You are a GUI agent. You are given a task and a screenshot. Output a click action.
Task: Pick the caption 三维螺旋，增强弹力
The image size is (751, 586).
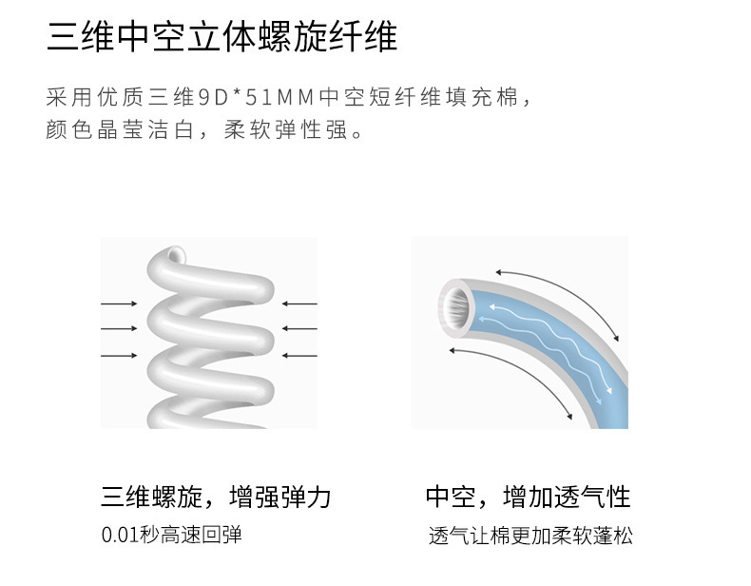point(216,497)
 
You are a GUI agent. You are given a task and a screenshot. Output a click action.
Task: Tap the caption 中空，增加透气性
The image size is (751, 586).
point(528,497)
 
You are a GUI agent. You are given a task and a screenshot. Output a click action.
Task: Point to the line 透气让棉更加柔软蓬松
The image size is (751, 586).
point(530,537)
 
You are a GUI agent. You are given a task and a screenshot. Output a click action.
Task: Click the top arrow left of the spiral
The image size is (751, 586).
point(119,303)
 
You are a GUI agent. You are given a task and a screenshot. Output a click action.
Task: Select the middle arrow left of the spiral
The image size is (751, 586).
point(119,329)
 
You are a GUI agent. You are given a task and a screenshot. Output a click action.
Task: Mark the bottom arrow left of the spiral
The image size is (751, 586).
point(119,356)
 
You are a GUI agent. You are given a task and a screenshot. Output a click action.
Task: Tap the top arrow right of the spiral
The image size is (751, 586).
point(298,303)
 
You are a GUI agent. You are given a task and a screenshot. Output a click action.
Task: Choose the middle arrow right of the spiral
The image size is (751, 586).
point(298,329)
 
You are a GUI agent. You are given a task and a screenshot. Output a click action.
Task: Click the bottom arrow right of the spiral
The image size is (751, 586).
point(298,356)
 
